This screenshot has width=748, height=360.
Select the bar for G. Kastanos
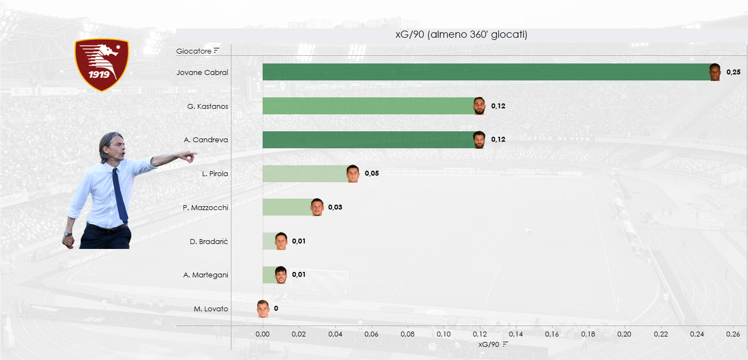click(x=367, y=106)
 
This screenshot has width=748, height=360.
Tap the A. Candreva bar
click(x=367, y=140)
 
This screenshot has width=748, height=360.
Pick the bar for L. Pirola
click(x=304, y=173)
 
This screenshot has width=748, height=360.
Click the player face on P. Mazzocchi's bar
click(x=317, y=207)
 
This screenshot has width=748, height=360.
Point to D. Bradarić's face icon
click(x=281, y=241)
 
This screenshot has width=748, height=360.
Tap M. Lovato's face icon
click(x=263, y=309)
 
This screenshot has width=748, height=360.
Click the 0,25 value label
click(x=733, y=72)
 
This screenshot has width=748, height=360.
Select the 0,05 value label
click(x=372, y=173)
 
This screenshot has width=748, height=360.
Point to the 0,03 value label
click(x=335, y=207)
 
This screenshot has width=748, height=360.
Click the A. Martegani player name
click(x=206, y=275)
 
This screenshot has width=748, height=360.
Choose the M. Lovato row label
click(x=211, y=309)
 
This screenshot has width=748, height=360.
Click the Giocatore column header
click(x=194, y=51)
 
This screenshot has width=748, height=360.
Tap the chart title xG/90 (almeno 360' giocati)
click(x=461, y=35)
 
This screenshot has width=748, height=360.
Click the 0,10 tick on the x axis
click(x=443, y=334)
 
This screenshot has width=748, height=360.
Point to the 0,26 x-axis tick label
click(x=733, y=334)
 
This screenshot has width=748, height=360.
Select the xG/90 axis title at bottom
click(x=489, y=344)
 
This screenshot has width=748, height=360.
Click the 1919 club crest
click(x=101, y=64)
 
